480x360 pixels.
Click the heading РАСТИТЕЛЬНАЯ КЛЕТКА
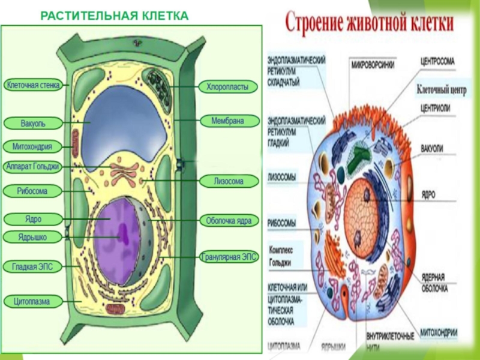(114, 14)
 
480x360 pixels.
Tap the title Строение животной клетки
(369, 24)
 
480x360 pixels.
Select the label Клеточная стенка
(33, 86)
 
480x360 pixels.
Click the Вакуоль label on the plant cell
(33, 124)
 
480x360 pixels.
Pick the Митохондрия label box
(33, 146)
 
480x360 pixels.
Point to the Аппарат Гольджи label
(33, 167)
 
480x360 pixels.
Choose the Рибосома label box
(33, 191)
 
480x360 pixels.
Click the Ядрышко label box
(33, 238)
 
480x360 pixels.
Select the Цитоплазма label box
(33, 301)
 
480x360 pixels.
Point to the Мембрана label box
(227, 121)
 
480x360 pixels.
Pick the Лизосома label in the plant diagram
(229, 181)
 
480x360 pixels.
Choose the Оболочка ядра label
(229, 221)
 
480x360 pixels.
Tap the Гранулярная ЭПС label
(229, 257)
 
